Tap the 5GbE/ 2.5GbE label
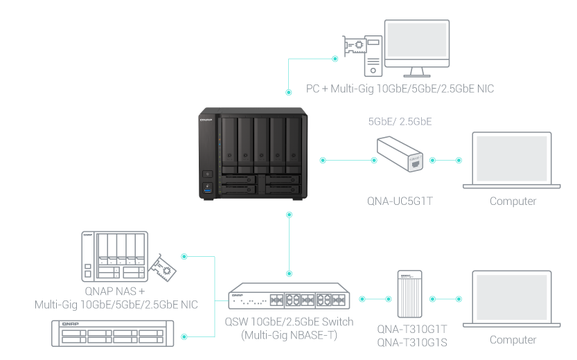[x=400, y=122]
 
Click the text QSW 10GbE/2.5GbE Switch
[x=289, y=322]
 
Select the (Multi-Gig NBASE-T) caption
[x=289, y=335]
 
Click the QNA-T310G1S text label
[x=412, y=342]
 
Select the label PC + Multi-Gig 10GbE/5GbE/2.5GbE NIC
[x=400, y=89]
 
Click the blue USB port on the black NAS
[x=207, y=187]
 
